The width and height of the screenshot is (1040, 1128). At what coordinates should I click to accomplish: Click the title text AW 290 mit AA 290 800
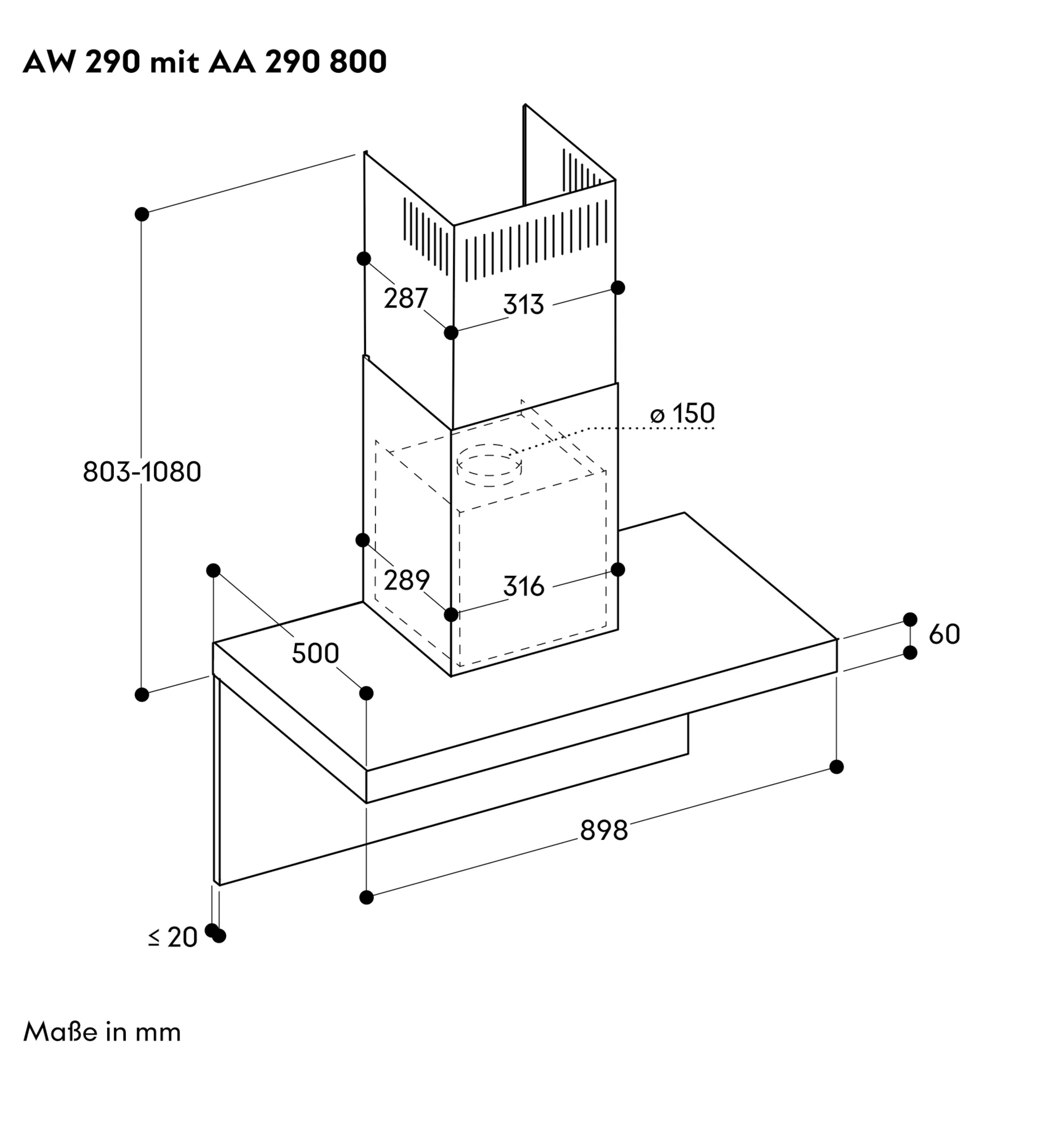tap(205, 62)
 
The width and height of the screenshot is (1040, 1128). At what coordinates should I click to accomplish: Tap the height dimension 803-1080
tap(142, 472)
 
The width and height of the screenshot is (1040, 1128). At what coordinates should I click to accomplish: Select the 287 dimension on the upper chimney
tap(406, 298)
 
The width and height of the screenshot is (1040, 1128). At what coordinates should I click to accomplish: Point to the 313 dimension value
tap(523, 304)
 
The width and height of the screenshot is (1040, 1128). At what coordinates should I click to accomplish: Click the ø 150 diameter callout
tap(682, 413)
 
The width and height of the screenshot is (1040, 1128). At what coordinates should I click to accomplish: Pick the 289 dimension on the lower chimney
tap(407, 580)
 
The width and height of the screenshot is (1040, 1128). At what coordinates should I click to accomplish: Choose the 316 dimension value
tap(524, 586)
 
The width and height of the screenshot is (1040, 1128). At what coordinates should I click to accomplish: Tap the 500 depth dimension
tap(315, 653)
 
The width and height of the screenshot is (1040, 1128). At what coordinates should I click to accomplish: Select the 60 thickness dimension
tap(944, 634)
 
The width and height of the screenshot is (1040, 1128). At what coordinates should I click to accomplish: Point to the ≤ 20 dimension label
tap(173, 937)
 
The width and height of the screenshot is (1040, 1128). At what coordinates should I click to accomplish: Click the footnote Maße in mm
tap(102, 1032)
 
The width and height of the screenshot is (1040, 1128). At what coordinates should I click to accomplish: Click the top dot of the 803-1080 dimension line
tap(142, 214)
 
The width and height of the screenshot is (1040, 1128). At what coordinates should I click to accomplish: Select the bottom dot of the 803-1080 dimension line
tap(142, 694)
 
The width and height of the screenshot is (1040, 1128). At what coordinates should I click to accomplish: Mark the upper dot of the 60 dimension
tap(910, 619)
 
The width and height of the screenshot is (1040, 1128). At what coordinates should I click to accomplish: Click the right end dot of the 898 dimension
tap(837, 767)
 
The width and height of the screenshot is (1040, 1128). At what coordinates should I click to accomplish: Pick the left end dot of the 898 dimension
tap(367, 897)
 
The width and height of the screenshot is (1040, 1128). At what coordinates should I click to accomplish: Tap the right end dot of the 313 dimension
tap(618, 288)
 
